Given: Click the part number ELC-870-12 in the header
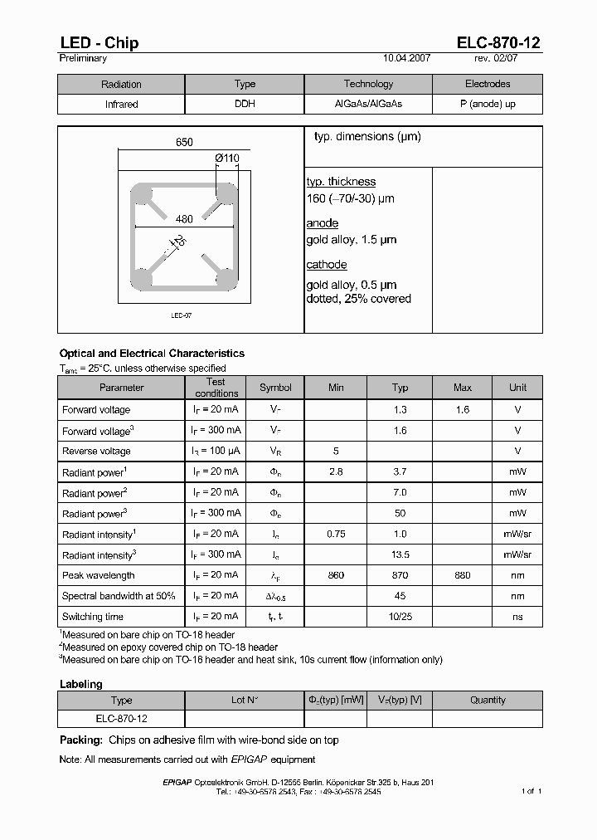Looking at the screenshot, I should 499,43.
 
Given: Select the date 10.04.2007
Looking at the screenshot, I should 407,59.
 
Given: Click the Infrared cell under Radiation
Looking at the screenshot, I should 121,105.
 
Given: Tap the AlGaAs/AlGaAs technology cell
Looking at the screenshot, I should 368,105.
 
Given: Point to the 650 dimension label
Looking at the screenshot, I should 184,142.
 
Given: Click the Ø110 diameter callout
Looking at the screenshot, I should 226,158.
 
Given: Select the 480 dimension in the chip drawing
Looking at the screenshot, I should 184,219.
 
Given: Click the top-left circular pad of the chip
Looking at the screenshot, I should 143,196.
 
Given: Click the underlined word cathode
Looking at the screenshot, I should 327,265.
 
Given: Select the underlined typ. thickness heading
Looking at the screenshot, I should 341,182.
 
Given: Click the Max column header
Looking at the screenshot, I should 463,388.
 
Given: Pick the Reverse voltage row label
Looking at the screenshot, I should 96,451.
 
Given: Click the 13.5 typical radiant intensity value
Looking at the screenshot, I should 400,554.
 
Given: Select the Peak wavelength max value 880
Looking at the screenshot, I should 463,575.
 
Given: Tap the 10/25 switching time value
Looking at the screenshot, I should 400,617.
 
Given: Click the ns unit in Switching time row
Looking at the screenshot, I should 517,617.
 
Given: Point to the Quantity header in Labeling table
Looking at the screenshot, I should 488,700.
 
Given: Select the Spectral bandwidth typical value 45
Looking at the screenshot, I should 400,596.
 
